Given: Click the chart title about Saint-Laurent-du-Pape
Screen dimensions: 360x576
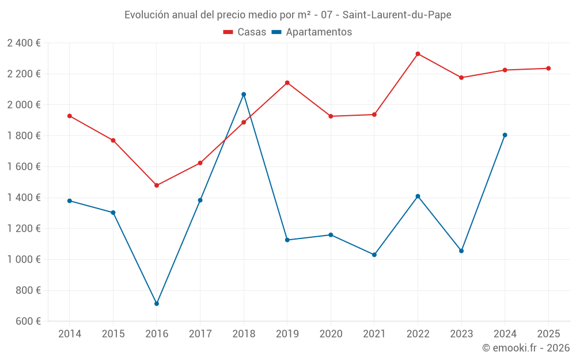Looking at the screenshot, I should coord(287,14).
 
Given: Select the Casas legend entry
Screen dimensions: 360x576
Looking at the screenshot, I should coord(245,32).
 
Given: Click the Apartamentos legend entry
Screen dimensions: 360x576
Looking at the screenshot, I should coord(312,32).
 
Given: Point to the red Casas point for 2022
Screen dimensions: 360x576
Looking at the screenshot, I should coord(418,54).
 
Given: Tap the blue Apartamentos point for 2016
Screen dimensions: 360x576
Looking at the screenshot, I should coord(157,304).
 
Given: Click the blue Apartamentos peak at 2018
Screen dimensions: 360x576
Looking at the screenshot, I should coord(244,94).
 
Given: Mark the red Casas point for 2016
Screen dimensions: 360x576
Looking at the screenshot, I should coord(157,185).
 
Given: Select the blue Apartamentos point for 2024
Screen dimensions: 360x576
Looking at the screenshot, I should coord(505,135).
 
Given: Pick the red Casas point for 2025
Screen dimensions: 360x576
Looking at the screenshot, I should coord(548,69).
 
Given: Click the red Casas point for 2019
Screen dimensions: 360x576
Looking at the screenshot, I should coord(287,83).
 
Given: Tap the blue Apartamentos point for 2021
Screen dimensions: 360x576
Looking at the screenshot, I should coord(374,255).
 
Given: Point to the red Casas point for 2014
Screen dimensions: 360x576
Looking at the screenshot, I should coord(70,116).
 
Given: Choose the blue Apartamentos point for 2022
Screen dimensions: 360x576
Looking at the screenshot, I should coord(418,196).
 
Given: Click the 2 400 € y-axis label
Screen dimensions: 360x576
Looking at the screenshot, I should coord(24,43).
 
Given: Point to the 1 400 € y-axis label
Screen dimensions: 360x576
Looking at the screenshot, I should coord(24,198).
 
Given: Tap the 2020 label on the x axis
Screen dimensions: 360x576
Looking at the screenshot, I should coord(331,334).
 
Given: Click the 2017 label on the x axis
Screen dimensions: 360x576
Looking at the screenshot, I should coord(200,334).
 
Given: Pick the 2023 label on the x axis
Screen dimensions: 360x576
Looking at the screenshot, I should coord(461,334).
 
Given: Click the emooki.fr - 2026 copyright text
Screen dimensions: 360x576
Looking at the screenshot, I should coord(525,348).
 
